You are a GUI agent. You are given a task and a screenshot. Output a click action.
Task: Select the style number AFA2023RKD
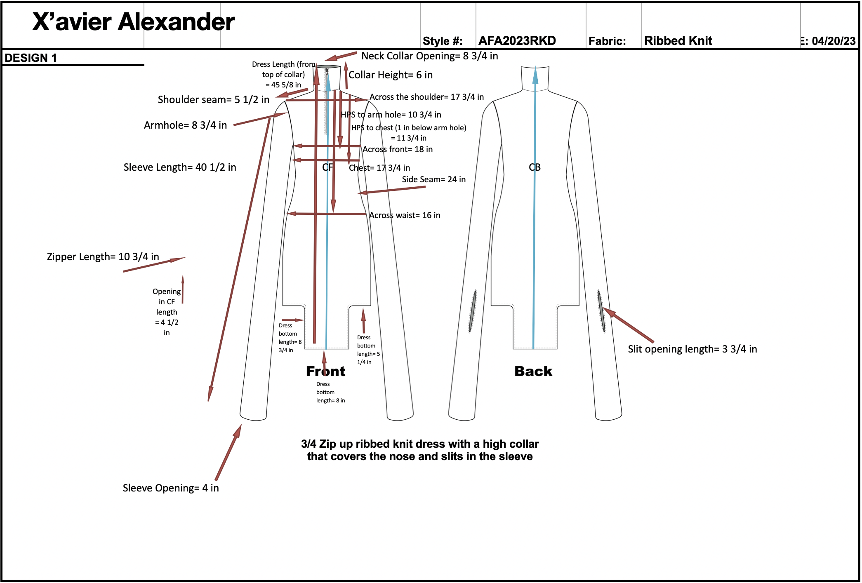pyautogui.click(x=517, y=41)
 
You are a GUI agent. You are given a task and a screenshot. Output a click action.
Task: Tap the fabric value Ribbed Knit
pyautogui.click(x=678, y=41)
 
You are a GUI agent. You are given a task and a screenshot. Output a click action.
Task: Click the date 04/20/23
pyautogui.click(x=833, y=41)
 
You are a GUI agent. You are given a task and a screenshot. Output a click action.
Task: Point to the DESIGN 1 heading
pyautogui.click(x=31, y=58)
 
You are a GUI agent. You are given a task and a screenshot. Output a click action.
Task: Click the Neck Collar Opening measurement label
pyautogui.click(x=429, y=56)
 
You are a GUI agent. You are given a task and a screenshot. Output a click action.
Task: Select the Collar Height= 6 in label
pyautogui.click(x=390, y=75)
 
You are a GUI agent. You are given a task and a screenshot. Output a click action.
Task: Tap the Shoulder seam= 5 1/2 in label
pyautogui.click(x=213, y=100)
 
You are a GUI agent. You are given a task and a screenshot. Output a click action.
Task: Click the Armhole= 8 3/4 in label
pyautogui.click(x=185, y=125)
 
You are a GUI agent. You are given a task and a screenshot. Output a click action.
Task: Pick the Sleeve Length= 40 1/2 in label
pyautogui.click(x=180, y=167)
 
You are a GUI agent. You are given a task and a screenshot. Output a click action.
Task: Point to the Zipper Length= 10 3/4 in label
pyautogui.click(x=103, y=257)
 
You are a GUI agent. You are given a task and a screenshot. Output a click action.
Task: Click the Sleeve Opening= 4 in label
pyautogui.click(x=171, y=488)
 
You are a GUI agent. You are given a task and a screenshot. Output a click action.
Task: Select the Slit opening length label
pyautogui.click(x=692, y=349)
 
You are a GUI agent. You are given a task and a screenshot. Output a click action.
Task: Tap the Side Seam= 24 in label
pyautogui.click(x=433, y=179)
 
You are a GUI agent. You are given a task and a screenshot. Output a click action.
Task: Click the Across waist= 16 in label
pyautogui.click(x=405, y=215)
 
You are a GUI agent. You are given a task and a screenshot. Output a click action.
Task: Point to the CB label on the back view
pyautogui.click(x=535, y=167)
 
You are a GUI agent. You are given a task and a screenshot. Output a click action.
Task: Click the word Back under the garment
pyautogui.click(x=533, y=371)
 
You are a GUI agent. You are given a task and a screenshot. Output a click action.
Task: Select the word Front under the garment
pyautogui.click(x=325, y=371)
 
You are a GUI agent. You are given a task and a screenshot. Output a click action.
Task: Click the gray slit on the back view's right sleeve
pyautogui.click(x=601, y=311)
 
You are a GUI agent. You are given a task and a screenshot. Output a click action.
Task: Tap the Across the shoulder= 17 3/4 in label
pyautogui.click(x=426, y=97)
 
